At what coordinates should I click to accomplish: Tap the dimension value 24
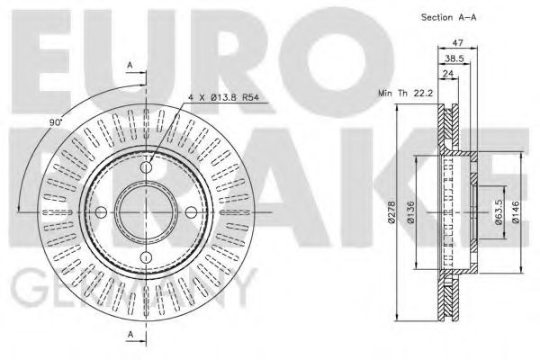[448, 76]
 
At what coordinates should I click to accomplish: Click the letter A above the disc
[132, 65]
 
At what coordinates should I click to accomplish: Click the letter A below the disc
[132, 335]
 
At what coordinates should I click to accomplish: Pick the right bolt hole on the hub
[189, 212]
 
